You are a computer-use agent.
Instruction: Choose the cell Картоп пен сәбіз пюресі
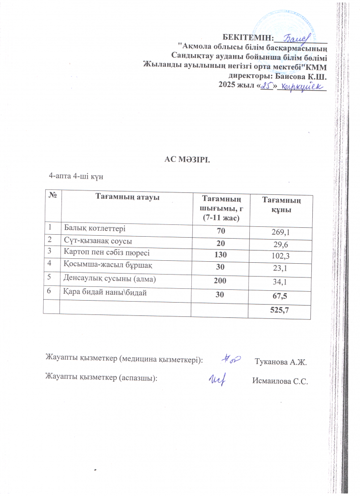(x=105, y=253)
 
